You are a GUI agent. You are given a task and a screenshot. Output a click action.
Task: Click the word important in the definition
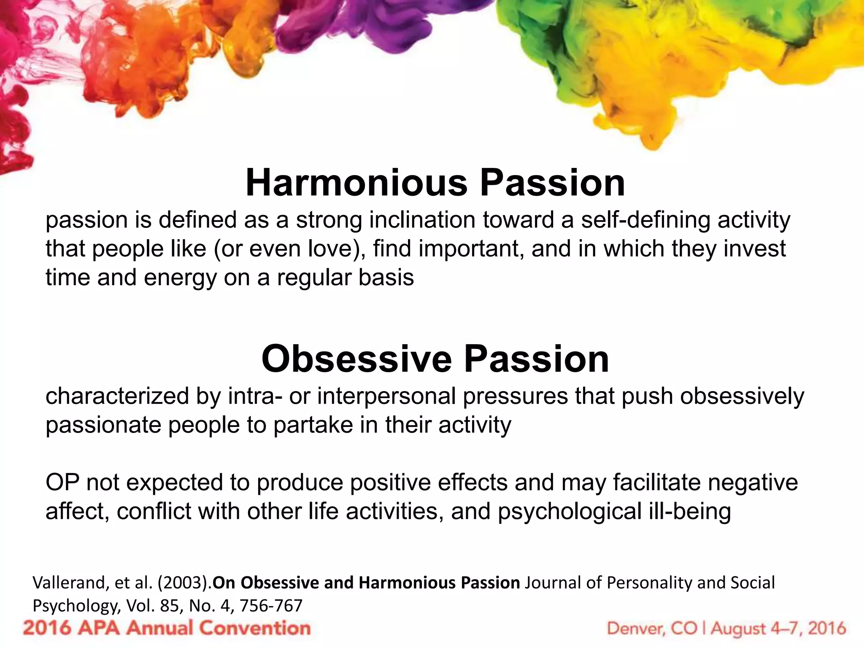click(x=472, y=249)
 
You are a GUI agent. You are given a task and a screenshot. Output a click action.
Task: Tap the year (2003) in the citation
click(x=184, y=583)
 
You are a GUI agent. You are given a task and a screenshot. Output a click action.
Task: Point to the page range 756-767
click(x=271, y=606)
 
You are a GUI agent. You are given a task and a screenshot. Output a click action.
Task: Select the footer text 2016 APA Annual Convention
click(x=167, y=628)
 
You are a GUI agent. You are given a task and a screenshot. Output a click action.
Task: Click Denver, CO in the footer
click(x=652, y=629)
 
